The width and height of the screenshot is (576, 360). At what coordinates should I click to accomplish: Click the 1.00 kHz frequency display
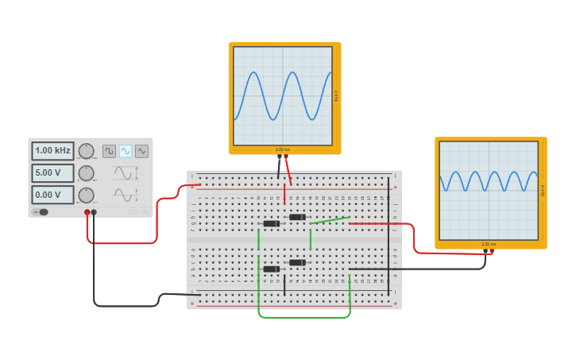pyautogui.click(x=52, y=150)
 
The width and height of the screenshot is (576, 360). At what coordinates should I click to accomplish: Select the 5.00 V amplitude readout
pyautogui.click(x=52, y=172)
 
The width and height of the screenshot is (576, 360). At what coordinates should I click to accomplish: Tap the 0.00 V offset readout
pyautogui.click(x=52, y=194)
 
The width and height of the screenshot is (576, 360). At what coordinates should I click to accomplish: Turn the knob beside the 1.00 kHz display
pyautogui.click(x=86, y=151)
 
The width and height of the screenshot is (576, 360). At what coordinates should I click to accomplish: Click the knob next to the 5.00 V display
pyautogui.click(x=86, y=173)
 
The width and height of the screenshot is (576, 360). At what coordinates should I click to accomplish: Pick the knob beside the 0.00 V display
pyautogui.click(x=86, y=195)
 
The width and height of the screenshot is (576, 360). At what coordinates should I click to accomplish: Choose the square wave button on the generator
pyautogui.click(x=110, y=151)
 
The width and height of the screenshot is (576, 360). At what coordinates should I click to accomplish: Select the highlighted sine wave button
pyautogui.click(x=126, y=151)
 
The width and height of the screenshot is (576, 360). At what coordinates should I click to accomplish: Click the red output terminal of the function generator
pyautogui.click(x=87, y=212)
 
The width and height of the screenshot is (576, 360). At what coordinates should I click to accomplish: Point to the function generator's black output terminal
pyautogui.click(x=94, y=212)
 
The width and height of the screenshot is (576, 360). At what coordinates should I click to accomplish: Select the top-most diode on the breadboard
pyautogui.click(x=297, y=217)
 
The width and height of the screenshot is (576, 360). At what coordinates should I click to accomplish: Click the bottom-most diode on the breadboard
pyautogui.click(x=272, y=269)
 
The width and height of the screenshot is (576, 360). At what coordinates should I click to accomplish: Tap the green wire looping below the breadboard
pyautogui.click(x=304, y=317)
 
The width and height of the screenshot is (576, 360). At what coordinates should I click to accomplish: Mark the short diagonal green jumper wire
pyautogui.click(x=330, y=220)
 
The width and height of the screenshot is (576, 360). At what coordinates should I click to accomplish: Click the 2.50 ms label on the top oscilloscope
pyautogui.click(x=283, y=149)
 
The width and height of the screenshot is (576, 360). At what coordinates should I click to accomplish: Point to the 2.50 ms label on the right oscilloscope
pyautogui.click(x=489, y=244)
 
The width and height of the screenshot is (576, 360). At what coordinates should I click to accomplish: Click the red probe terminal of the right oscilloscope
pyautogui.click(x=492, y=252)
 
